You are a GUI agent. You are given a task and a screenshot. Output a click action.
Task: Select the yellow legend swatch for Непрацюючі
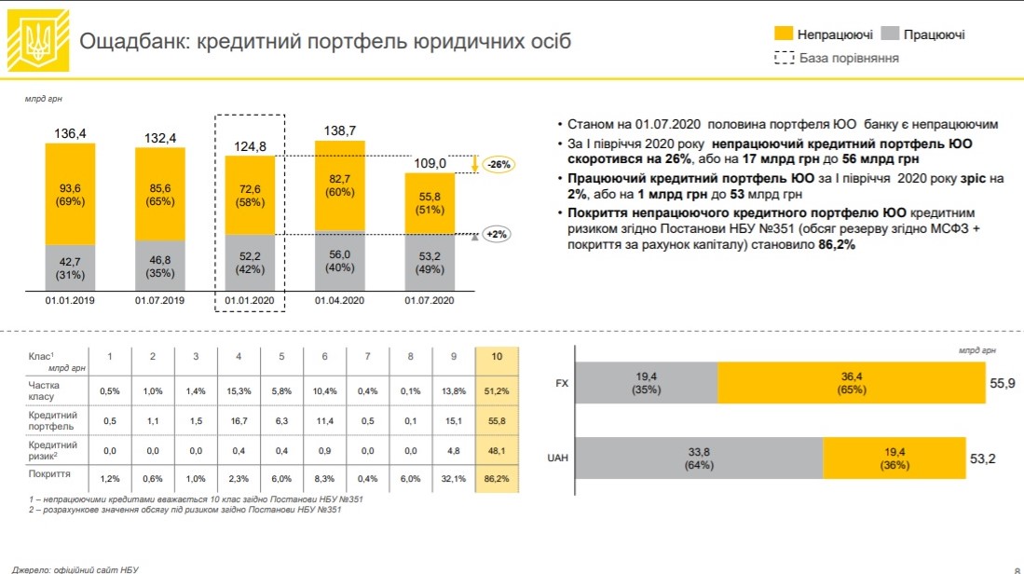[x=784, y=34]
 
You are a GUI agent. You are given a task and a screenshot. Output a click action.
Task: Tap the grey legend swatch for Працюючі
[x=890, y=34]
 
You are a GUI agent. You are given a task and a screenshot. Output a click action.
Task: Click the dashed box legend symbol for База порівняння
[x=784, y=59]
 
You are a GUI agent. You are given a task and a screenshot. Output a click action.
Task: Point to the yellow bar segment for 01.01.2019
[x=71, y=197]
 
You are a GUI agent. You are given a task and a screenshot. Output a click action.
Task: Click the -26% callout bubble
[x=500, y=164]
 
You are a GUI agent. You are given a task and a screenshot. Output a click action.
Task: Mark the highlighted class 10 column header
[x=496, y=357]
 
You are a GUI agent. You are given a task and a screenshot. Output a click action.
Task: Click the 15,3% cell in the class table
[x=238, y=390]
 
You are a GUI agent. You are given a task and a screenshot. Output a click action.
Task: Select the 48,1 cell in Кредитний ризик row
[x=496, y=450]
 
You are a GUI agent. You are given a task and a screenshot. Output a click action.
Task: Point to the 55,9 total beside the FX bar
[x=1004, y=382]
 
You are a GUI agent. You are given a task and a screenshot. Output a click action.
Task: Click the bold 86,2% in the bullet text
[x=837, y=246]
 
